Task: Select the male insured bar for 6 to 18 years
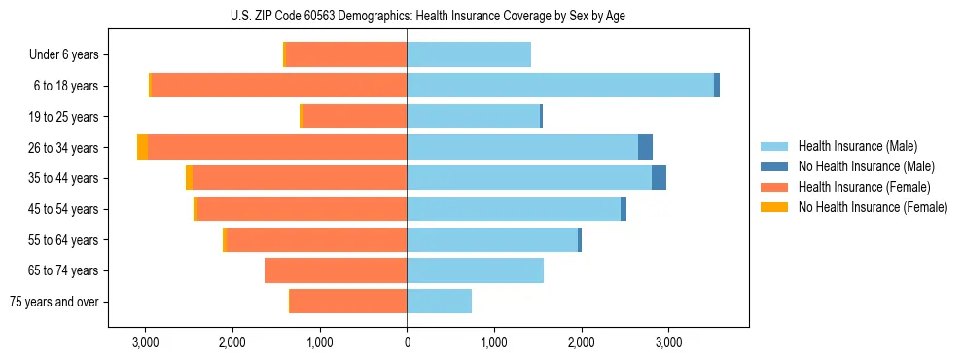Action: pyautogui.click(x=559, y=86)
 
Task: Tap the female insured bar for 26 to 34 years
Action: pyautogui.click(x=277, y=147)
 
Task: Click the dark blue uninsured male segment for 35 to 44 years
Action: pyautogui.click(x=659, y=178)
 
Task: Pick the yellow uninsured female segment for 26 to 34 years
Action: pyautogui.click(x=142, y=147)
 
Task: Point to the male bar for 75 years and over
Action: pyautogui.click(x=439, y=302)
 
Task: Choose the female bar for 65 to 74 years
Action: pyautogui.click(x=336, y=270)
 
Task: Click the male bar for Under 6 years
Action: pyautogui.click(x=469, y=54)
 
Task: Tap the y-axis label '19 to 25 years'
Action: pyautogui.click(x=63, y=117)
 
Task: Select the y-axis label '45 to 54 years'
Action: pyautogui.click(x=63, y=209)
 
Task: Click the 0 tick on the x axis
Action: pyautogui.click(x=407, y=342)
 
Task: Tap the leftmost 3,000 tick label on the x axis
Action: pyautogui.click(x=145, y=342)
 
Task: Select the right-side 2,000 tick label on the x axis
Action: pyautogui.click(x=581, y=342)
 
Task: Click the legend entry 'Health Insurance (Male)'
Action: pyautogui.click(x=857, y=146)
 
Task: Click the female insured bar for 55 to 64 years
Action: pyautogui.click(x=316, y=239)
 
